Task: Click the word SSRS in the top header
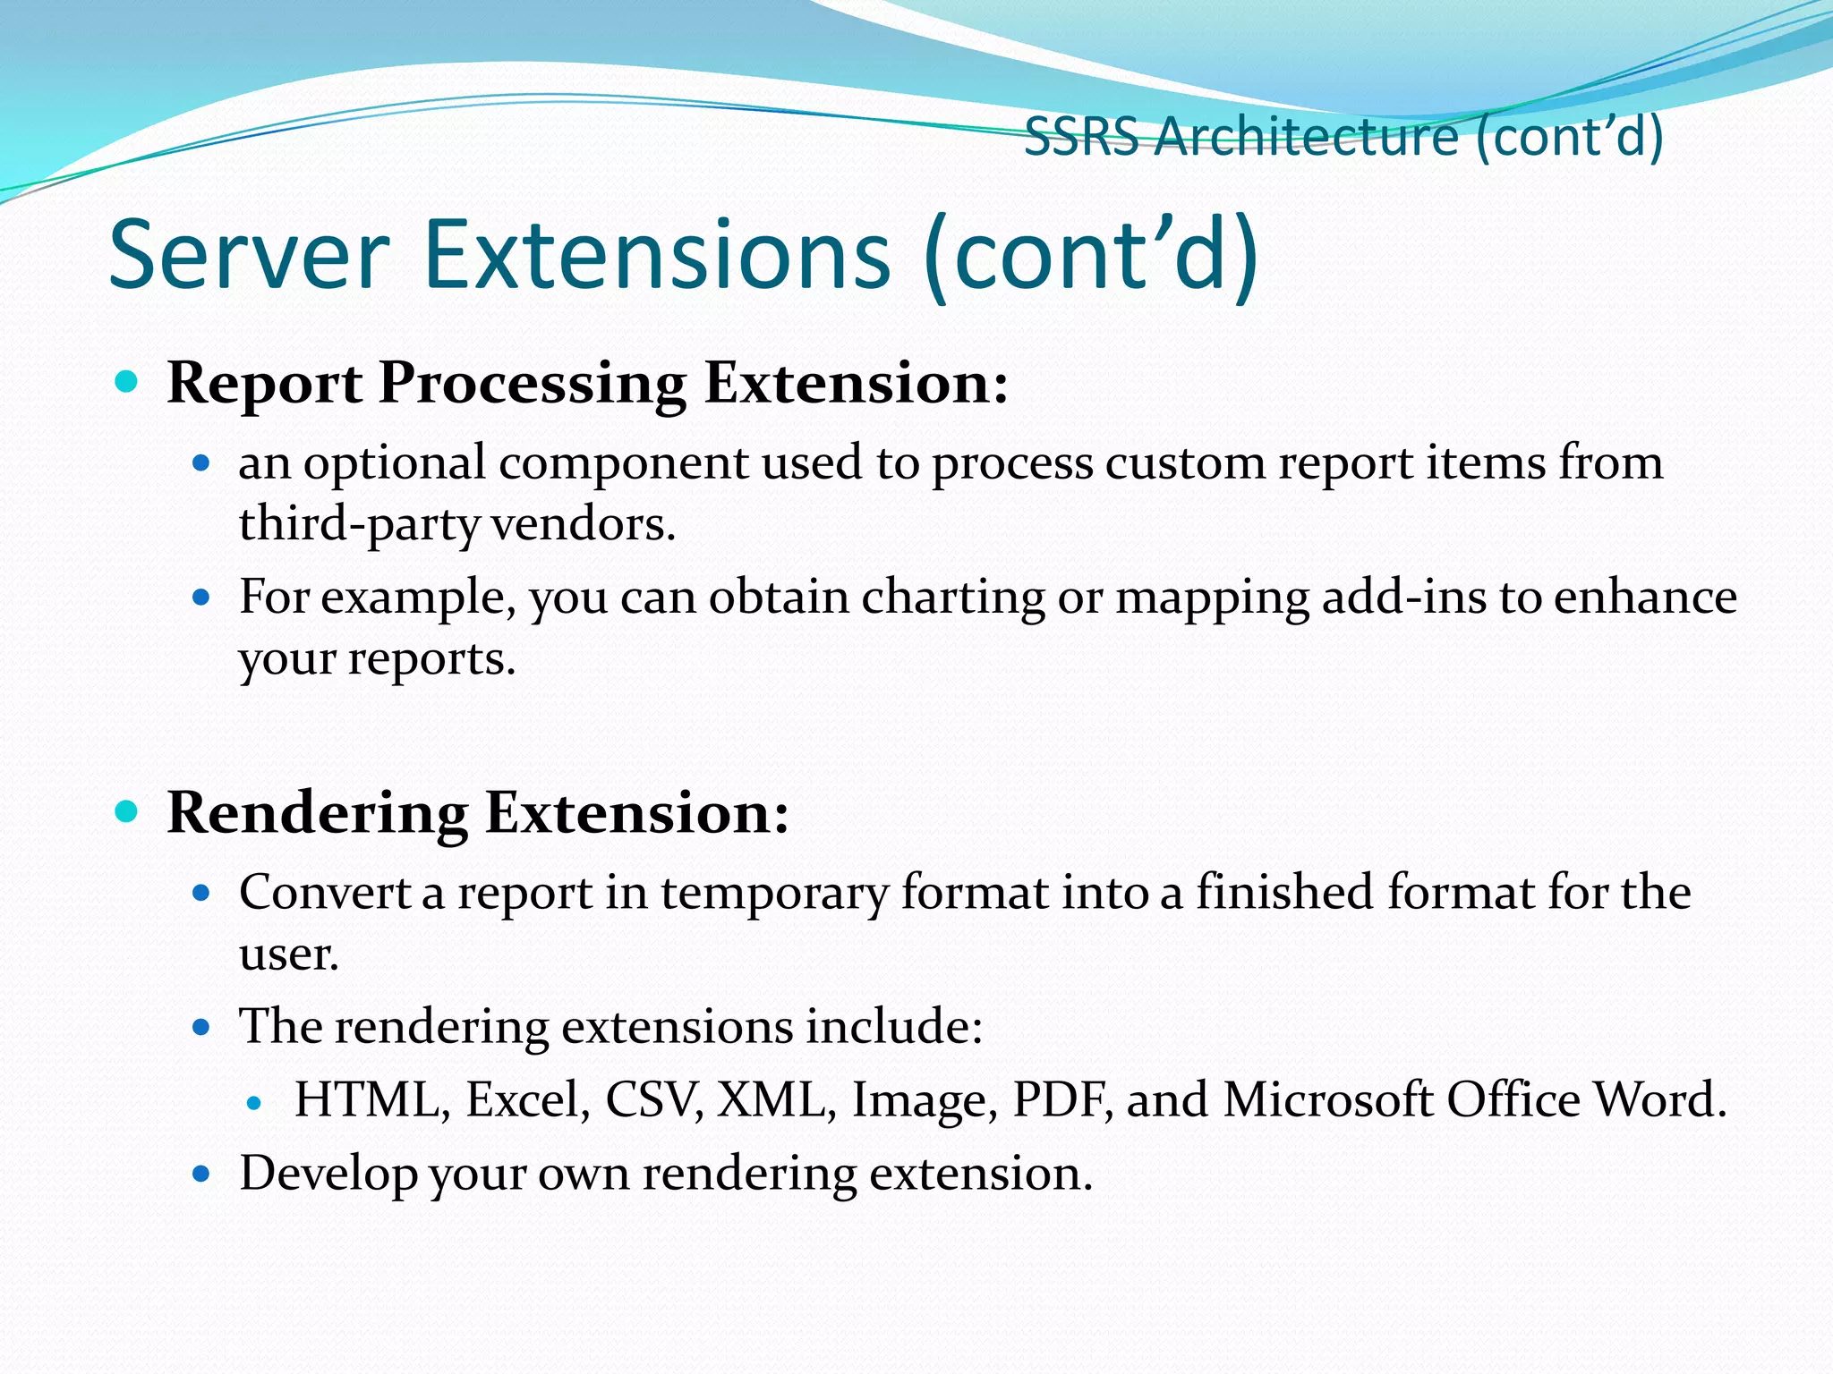point(1081,138)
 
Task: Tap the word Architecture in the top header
point(1306,138)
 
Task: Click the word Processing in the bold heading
point(532,384)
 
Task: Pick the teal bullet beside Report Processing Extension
point(127,383)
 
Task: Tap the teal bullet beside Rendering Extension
point(127,812)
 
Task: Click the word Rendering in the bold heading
point(317,815)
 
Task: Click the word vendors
point(584,524)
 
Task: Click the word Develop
point(328,1175)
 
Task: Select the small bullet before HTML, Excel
point(255,1104)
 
